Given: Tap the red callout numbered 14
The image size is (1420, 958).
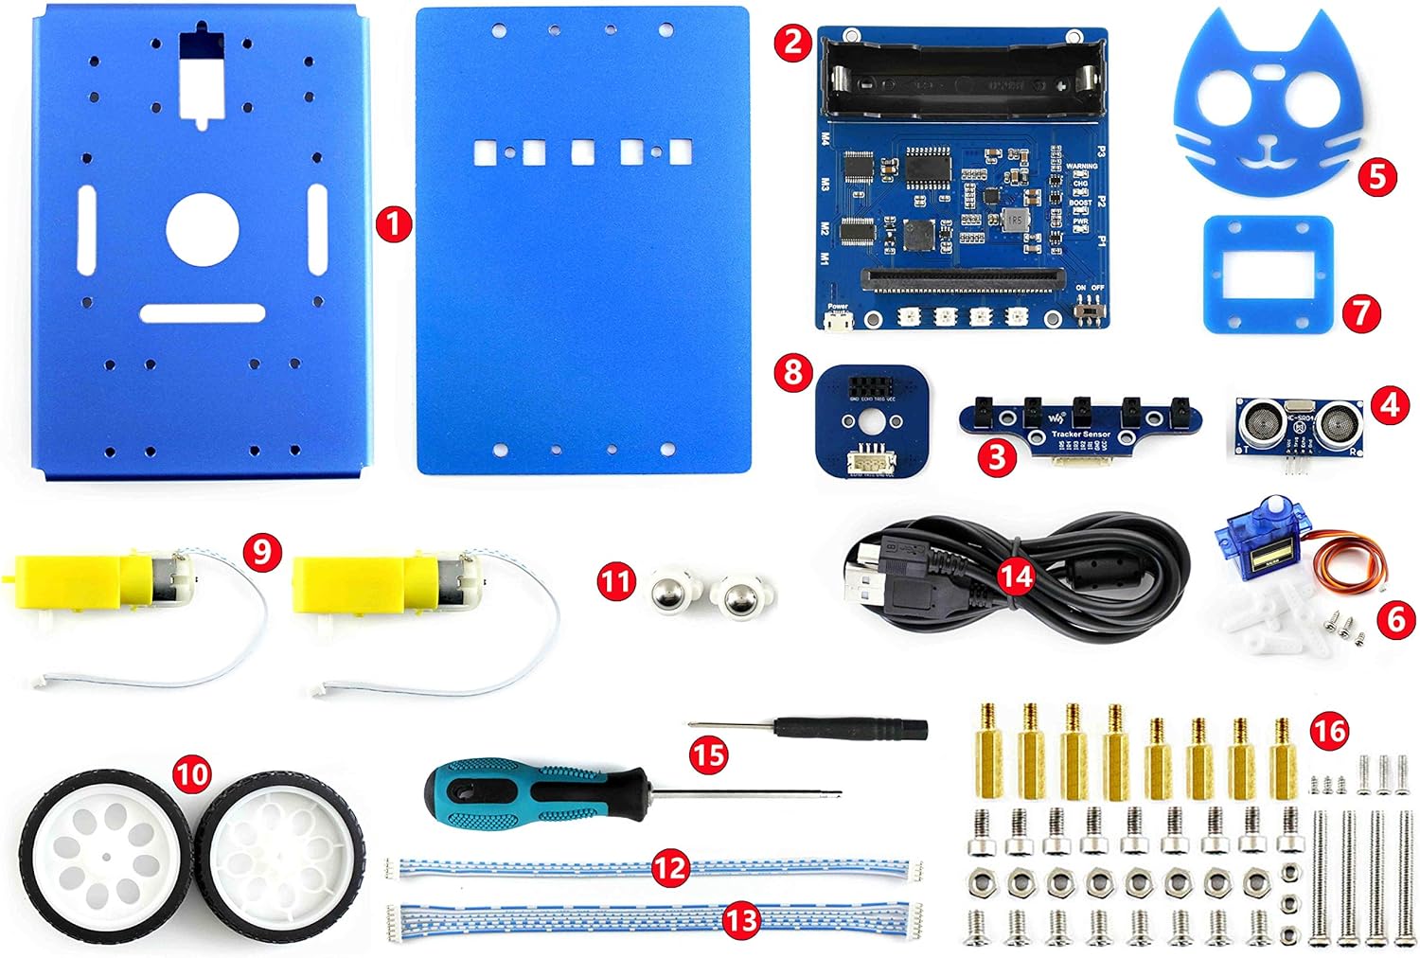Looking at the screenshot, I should point(1018,575).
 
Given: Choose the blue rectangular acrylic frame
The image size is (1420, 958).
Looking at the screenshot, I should point(1269,275).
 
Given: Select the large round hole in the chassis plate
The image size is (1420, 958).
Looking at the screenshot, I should point(203,229).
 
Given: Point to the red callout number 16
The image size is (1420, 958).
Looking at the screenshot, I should point(1329,731).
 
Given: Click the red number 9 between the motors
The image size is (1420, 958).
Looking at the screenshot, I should point(262,550).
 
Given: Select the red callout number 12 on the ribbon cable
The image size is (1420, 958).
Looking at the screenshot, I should point(669,867).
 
